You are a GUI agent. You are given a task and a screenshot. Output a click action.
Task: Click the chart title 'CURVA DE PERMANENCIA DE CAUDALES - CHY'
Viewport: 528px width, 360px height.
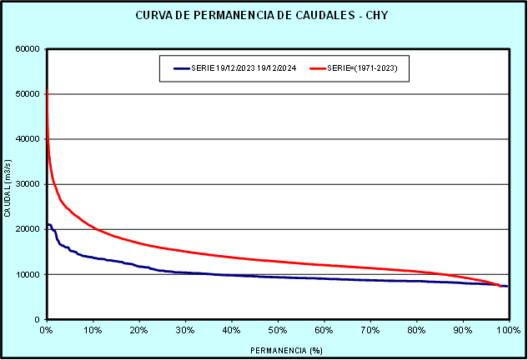point(264,17)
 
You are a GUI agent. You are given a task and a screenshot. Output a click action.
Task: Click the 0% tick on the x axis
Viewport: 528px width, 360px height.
point(47,329)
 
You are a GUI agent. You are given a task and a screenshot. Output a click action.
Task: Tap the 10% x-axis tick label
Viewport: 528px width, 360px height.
point(93,329)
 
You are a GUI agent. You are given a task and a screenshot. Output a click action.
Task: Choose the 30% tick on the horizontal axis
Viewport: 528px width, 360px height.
point(185,329)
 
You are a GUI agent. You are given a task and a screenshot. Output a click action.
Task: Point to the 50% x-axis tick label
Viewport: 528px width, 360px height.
point(278,329)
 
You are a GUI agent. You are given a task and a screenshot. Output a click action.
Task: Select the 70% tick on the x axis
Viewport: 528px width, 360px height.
point(370,329)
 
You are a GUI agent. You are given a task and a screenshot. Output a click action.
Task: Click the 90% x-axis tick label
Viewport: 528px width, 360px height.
point(462,329)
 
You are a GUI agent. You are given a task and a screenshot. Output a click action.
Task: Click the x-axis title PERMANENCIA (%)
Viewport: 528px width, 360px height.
point(277,350)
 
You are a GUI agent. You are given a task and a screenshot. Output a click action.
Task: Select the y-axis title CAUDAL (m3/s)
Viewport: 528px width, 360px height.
point(8,190)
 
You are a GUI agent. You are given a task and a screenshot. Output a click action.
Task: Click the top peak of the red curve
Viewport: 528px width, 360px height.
point(48,90)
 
